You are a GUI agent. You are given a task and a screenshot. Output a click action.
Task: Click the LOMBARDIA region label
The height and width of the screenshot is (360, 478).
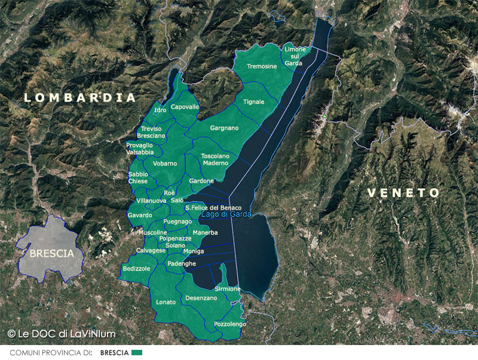80,97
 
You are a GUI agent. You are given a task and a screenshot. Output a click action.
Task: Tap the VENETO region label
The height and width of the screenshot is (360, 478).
403,193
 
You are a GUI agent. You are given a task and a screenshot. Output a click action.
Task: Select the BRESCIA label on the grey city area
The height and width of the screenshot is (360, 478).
51,253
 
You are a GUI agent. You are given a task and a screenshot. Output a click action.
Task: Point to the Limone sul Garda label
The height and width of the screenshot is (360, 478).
294,56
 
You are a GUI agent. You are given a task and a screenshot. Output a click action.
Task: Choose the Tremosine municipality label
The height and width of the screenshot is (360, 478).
262,66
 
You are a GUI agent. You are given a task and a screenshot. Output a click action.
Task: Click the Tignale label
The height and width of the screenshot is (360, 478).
253,102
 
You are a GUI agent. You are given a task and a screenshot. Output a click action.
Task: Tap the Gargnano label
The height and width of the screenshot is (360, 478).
224,128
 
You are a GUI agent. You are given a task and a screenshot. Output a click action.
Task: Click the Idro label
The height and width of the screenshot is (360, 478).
160,110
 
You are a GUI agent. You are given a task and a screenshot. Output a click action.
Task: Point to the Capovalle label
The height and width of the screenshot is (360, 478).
185,107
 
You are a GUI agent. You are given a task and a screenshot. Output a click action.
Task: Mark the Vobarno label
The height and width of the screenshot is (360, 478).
164,163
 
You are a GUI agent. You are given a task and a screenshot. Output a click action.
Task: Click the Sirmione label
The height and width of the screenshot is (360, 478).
227,289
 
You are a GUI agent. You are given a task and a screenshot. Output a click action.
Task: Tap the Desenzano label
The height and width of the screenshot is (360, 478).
201,298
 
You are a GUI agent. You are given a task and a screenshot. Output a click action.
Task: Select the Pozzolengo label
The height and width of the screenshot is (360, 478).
229,323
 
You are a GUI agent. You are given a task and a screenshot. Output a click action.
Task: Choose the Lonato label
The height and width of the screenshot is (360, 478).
166,302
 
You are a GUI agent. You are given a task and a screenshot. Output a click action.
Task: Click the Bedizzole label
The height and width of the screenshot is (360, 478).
136,269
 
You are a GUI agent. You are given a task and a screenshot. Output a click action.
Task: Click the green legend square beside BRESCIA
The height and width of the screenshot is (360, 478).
137,353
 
